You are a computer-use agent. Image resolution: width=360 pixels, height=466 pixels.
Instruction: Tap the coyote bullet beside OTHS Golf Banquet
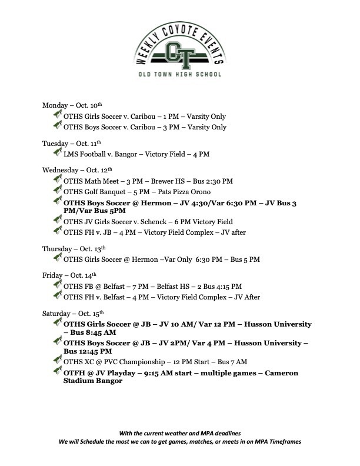click(57, 191)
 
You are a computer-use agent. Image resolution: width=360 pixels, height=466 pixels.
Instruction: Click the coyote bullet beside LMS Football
click(57, 153)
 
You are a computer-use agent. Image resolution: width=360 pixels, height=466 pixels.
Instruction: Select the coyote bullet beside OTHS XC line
click(57, 361)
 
